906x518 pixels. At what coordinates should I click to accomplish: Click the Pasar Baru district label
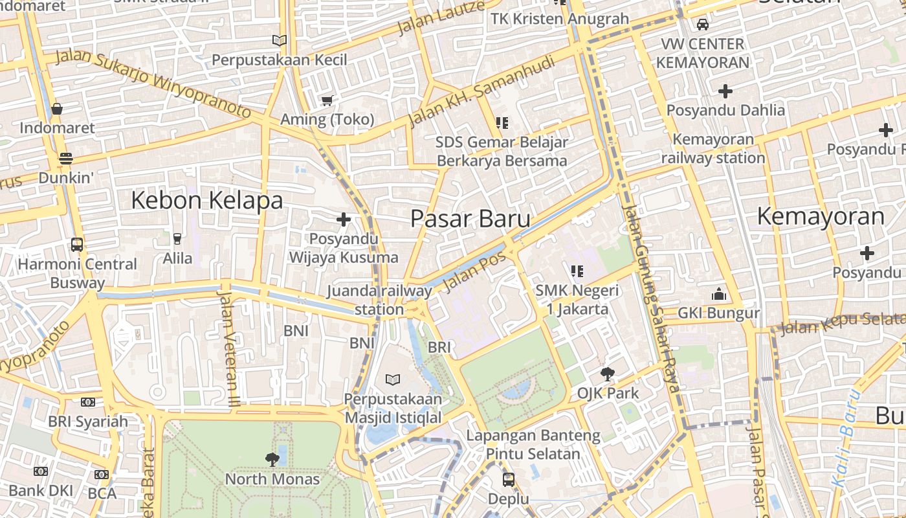470,219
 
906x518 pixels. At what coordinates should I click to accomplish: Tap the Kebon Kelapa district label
206,201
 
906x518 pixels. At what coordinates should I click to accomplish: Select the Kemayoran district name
821,216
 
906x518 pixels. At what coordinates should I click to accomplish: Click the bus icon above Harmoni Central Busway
77,245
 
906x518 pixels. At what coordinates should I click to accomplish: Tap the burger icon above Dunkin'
65,158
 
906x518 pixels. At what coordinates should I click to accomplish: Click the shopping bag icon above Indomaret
57,109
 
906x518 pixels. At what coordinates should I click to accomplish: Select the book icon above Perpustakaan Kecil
280,41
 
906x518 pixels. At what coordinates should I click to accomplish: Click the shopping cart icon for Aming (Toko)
327,100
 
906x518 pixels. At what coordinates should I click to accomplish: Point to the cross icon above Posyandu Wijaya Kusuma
344,220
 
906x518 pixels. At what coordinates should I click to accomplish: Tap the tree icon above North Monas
272,460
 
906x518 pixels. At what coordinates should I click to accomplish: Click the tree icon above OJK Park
607,374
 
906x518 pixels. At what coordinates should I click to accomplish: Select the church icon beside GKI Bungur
718,295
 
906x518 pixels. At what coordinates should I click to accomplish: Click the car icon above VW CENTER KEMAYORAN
703,25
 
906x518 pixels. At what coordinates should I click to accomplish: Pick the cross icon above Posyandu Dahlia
725,91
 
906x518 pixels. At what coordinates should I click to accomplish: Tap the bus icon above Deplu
509,480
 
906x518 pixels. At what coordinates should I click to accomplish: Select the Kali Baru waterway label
846,438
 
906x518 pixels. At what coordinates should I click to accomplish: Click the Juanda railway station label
379,300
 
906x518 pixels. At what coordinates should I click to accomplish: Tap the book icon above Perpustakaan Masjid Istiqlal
393,379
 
